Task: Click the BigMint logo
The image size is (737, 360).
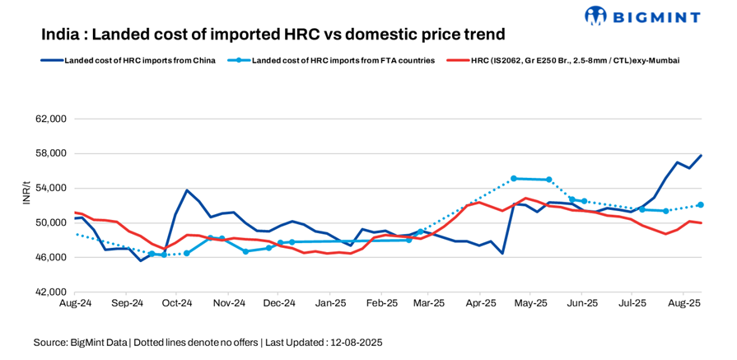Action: pyautogui.click(x=641, y=16)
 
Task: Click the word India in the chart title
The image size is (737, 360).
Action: pyautogui.click(x=61, y=35)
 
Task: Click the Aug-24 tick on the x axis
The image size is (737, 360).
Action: pyautogui.click(x=74, y=303)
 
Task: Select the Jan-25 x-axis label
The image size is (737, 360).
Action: pyautogui.click(x=330, y=303)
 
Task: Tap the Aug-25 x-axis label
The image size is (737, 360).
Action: pyautogui.click(x=684, y=303)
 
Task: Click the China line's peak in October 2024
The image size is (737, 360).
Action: pyautogui.click(x=187, y=190)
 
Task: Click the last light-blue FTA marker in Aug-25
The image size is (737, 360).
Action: pyautogui.click(x=701, y=205)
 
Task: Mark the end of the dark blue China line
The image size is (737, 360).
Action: pyautogui.click(x=701, y=155)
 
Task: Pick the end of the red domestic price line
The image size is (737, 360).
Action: pyautogui.click(x=701, y=223)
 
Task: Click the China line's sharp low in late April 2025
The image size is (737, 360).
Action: pyautogui.click(x=502, y=253)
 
